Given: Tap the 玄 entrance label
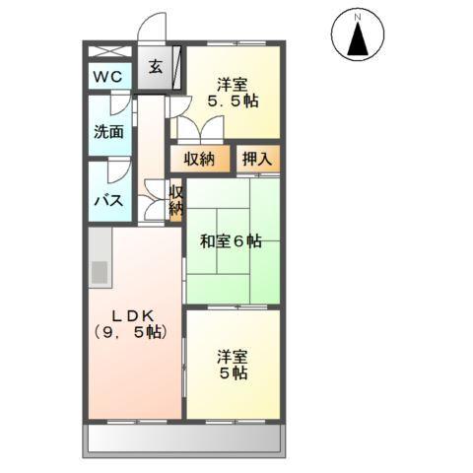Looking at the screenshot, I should tap(157, 67).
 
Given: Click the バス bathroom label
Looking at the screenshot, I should tap(107, 200).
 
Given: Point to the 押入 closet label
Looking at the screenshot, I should tap(259, 158).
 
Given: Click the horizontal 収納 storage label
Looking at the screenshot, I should tap(200, 158).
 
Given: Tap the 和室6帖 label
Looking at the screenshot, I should tap(232, 240).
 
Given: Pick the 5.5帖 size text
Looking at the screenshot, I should tap(233, 101).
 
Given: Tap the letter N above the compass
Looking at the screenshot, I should tap(361, 17).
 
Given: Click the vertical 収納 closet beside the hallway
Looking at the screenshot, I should tap(175, 201).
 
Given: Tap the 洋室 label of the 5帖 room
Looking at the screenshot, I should tap(233, 357).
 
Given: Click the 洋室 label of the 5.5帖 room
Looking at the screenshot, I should tap(233, 83).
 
